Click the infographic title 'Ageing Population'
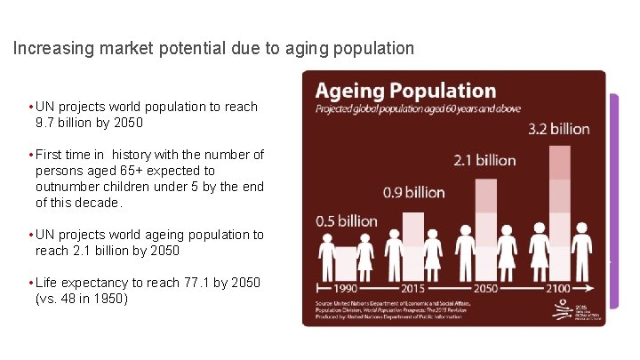pos(405,91)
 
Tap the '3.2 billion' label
pos(559,129)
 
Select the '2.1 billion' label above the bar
pos(485,160)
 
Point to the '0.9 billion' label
pos(413,192)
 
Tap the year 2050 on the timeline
pos(486,288)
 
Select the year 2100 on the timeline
pos(559,288)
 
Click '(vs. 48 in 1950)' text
pos(82,299)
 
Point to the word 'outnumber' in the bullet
pos(68,186)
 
